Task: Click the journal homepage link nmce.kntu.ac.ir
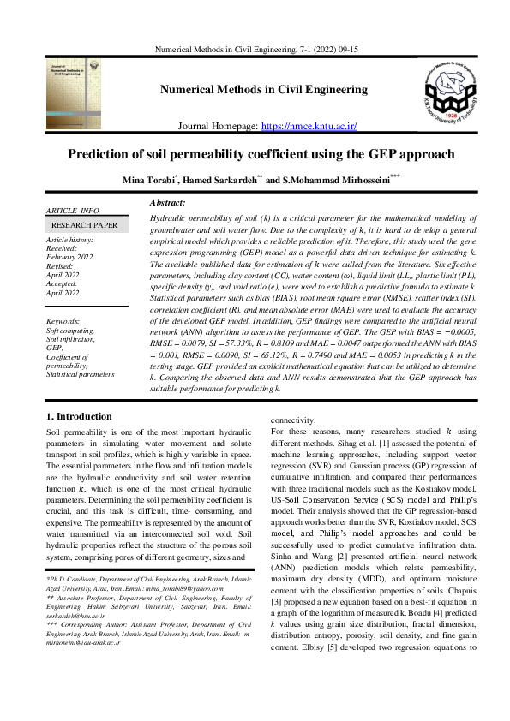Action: (309, 126)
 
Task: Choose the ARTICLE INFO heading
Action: (72, 210)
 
